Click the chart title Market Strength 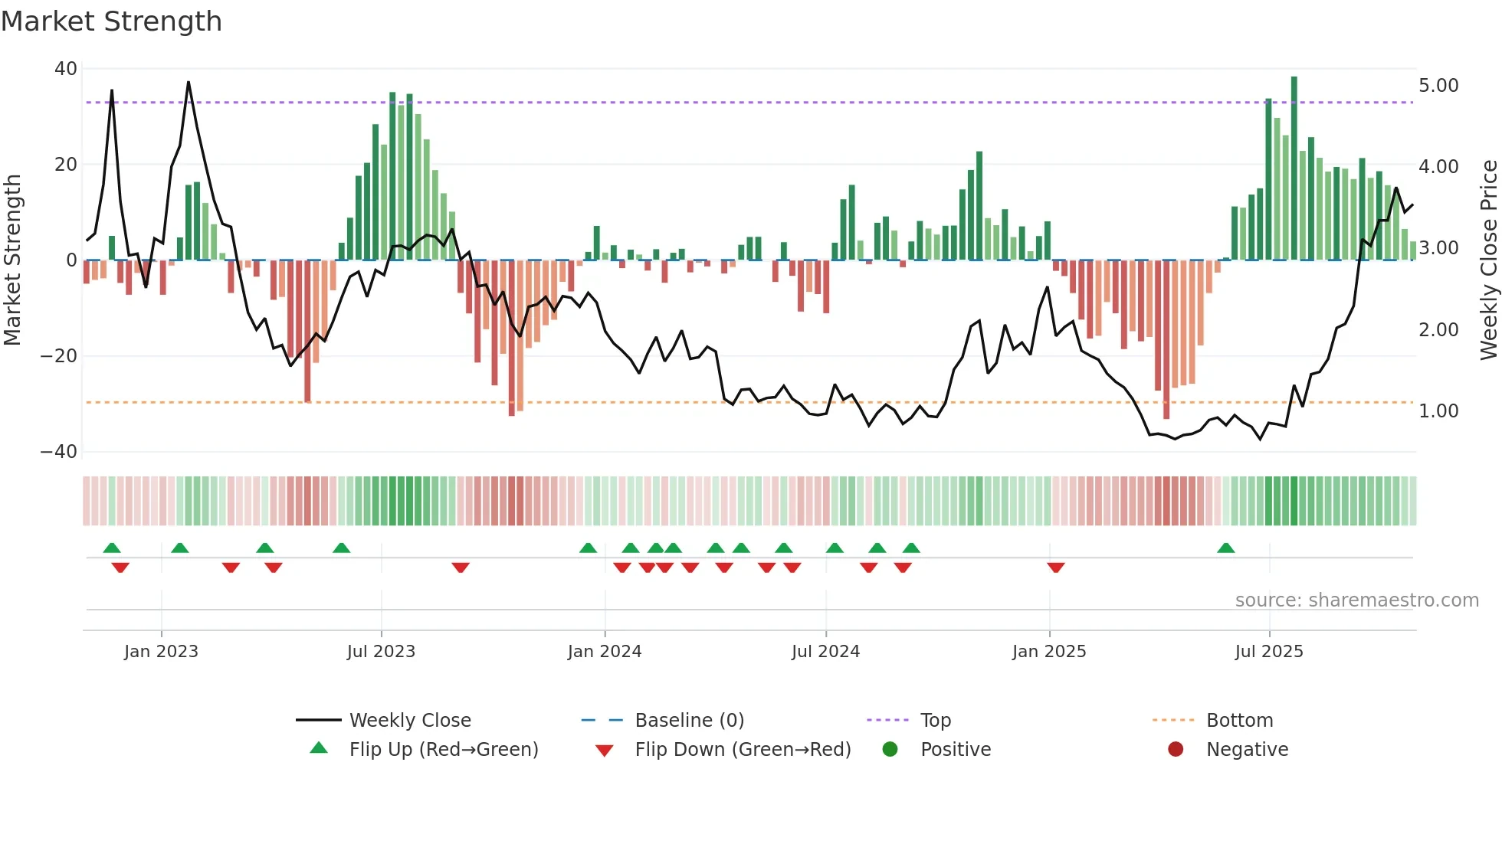coord(111,21)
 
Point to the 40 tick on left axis coord(65,69)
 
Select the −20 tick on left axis coord(59,356)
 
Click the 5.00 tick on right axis coord(1438,86)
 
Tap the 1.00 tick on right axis coord(1438,411)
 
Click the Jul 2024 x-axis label coord(825,652)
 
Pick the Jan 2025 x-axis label coord(1048,652)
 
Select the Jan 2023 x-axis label coord(161,652)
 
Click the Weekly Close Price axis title coord(1488,260)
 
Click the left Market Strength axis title coord(13,260)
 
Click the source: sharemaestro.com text coord(1356,600)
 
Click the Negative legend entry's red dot coord(1176,750)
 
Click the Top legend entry coord(935,721)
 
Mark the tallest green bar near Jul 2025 coord(1294,168)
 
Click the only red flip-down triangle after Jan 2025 coord(1056,567)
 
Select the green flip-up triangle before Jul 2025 coord(1225,548)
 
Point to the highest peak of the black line coord(189,83)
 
